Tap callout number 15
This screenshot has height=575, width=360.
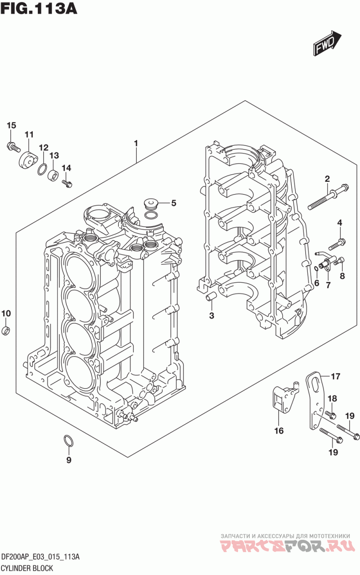click(11, 125)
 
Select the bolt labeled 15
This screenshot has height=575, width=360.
click(13, 147)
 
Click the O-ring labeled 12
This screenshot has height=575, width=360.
click(43, 170)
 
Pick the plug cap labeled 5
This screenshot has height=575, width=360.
click(151, 204)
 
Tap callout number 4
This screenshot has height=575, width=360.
click(339, 223)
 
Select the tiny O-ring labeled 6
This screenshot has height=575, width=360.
click(316, 269)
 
